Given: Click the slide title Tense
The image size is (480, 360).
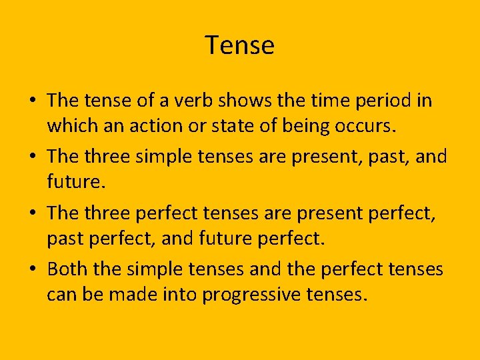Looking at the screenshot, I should pyautogui.click(x=239, y=45).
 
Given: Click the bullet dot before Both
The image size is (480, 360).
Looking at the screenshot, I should pyautogui.click(x=33, y=269).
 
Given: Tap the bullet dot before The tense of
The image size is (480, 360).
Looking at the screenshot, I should pyautogui.click(x=33, y=101).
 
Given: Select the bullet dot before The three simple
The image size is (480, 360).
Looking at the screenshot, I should pyautogui.click(x=33, y=157).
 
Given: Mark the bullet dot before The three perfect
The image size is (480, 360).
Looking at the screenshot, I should pyautogui.click(x=33, y=213).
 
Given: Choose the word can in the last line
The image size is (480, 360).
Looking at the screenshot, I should pyautogui.click(x=62, y=293).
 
